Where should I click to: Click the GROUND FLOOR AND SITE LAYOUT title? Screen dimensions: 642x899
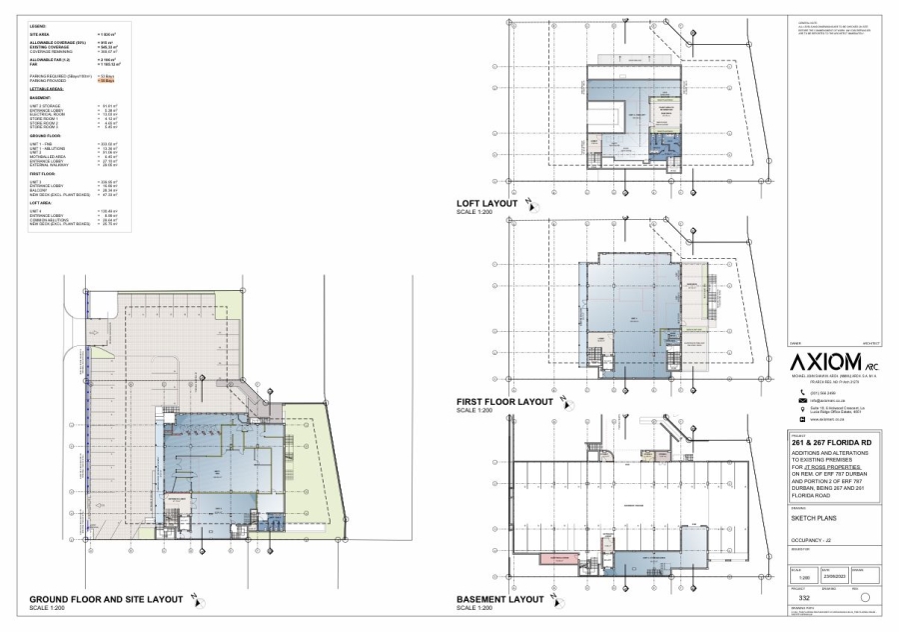99,599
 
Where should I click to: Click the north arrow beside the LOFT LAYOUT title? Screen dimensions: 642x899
532,205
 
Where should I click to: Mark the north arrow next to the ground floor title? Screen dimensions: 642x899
196,600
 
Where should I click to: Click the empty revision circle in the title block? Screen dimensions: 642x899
864,596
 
